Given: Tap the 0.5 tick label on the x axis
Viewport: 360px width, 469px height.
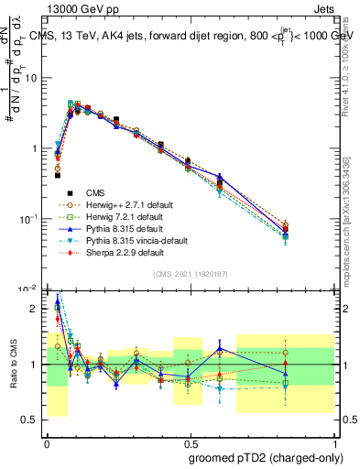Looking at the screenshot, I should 189,442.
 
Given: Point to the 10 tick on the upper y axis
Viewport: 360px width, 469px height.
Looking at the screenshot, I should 35,78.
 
